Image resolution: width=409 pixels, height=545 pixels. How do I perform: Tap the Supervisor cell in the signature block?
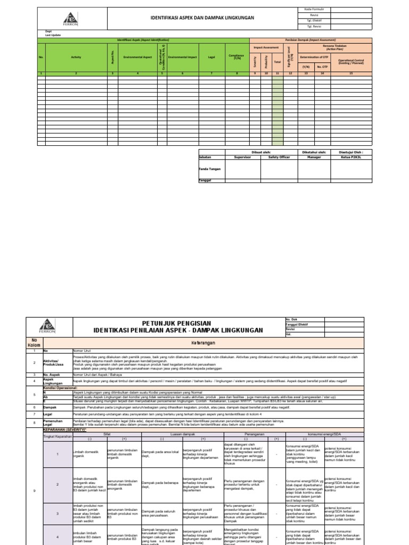point(242,157)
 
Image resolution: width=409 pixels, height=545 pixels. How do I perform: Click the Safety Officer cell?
point(279,157)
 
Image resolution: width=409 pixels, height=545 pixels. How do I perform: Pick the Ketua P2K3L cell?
point(351,157)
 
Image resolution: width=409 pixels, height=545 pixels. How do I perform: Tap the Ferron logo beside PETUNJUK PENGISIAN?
point(48,326)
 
